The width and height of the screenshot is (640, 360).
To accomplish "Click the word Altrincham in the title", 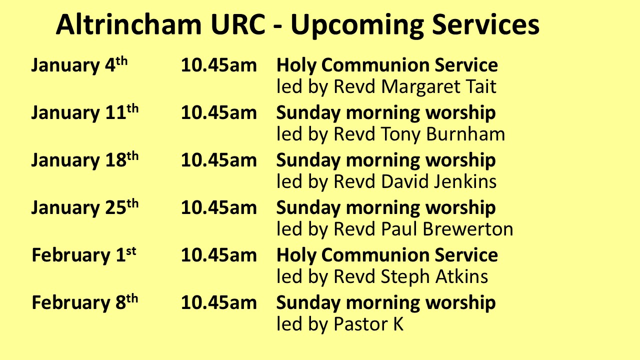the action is point(129,24).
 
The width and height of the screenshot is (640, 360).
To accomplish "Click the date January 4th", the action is point(79,65).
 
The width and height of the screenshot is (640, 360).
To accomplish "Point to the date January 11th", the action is point(85,113).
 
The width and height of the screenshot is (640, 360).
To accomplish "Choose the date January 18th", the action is point(85,160).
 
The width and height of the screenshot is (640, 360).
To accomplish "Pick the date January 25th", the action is point(85,207).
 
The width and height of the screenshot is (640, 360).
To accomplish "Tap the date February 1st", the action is point(84,255).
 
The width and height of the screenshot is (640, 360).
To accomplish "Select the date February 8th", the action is point(85,302).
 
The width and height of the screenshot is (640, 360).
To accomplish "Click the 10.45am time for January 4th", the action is point(219,65).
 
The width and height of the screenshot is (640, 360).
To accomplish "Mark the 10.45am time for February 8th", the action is point(219,302).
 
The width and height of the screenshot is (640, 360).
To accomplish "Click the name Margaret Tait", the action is point(438,87).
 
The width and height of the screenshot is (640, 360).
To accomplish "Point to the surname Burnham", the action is point(465,134).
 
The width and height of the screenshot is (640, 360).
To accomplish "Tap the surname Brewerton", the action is point(468,229).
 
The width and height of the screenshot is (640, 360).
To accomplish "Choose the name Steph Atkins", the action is point(434,277).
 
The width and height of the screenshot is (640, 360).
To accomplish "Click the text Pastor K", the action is point(368,323).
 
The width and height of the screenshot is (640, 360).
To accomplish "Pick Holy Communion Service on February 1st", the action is point(387,255).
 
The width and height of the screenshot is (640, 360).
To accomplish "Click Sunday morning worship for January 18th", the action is point(386,160).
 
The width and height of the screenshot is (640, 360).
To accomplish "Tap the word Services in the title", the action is point(485,24).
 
